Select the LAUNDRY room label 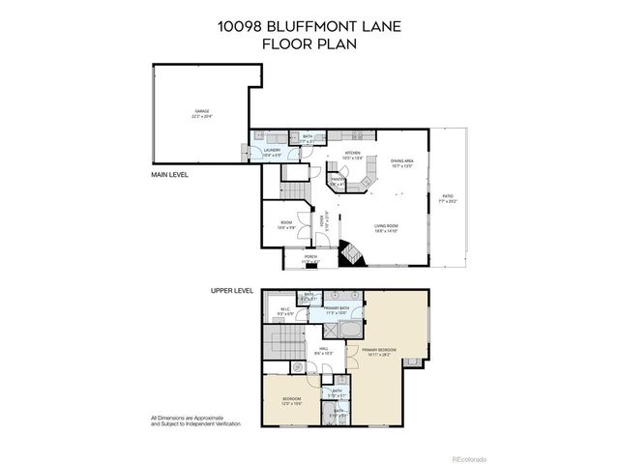[x=272, y=151]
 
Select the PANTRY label [x=339, y=180]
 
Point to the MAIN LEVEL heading [x=168, y=175]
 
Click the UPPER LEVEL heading [x=232, y=290]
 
